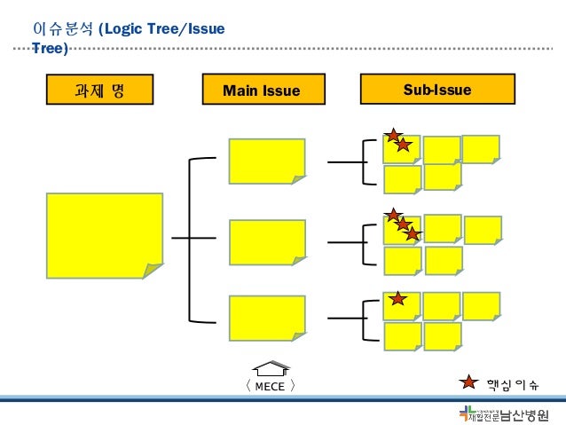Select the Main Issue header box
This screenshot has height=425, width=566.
(262, 90)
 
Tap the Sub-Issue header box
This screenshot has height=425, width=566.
(437, 90)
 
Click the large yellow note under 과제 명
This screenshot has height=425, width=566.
(105, 235)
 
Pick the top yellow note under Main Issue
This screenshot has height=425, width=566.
(267, 161)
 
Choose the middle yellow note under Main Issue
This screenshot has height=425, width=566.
(267, 241)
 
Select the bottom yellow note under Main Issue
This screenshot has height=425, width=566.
(267, 318)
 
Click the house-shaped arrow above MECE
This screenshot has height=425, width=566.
(271, 368)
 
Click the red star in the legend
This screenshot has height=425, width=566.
(468, 383)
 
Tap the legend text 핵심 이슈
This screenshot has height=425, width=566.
(512, 384)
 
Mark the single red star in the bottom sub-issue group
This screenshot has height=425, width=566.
(398, 299)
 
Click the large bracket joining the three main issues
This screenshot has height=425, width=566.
(192, 238)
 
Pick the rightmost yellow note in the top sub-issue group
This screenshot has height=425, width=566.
(481, 148)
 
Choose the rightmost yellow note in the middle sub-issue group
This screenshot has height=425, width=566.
(483, 230)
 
